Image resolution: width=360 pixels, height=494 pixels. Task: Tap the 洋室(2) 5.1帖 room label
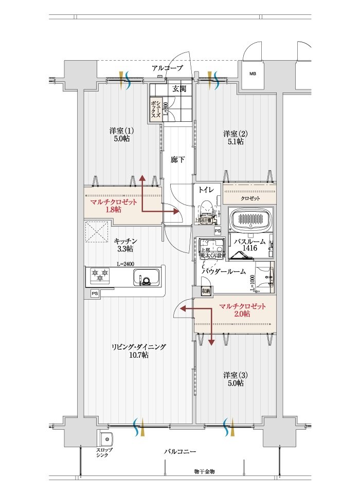coord(235,138)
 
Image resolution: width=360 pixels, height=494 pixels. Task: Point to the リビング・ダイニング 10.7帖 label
coord(138,351)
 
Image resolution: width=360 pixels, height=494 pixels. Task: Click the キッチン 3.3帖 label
coord(125,245)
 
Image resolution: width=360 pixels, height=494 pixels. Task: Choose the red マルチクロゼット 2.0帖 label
coord(242,310)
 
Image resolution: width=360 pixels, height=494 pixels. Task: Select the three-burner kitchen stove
coord(98,276)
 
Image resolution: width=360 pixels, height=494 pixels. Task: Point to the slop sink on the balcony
coord(106,440)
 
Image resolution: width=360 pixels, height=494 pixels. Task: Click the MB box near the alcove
coord(253,74)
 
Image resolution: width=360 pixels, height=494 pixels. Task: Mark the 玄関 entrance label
coord(179,88)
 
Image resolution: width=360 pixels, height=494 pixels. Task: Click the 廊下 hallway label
coord(178,159)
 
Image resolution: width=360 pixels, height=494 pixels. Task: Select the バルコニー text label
coord(180,451)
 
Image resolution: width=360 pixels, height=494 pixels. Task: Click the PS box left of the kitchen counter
coord(94,293)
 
